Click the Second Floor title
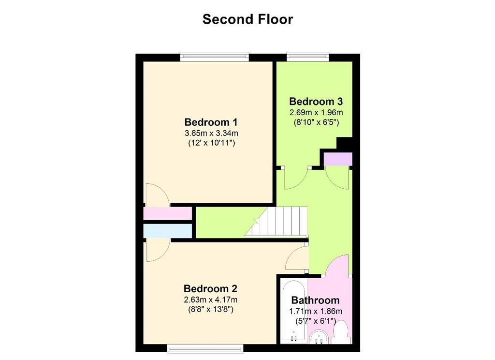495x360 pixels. tap(247, 19)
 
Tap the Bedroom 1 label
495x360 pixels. tap(211, 121)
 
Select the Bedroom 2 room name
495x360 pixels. tap(210, 289)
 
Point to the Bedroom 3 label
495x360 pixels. tap(316, 102)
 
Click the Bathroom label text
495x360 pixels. tap(315, 300)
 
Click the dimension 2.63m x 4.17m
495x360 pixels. tap(210, 300)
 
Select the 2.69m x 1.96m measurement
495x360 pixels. tap(316, 112)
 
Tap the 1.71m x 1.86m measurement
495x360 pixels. tap(316, 311)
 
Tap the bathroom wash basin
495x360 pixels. tap(319, 337)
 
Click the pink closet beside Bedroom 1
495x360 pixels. tap(167, 213)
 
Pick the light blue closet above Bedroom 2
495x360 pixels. tap(167, 231)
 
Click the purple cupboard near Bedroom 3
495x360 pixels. tap(338, 159)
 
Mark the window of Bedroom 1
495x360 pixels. tap(215, 57)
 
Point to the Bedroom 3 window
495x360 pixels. tap(307, 57)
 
